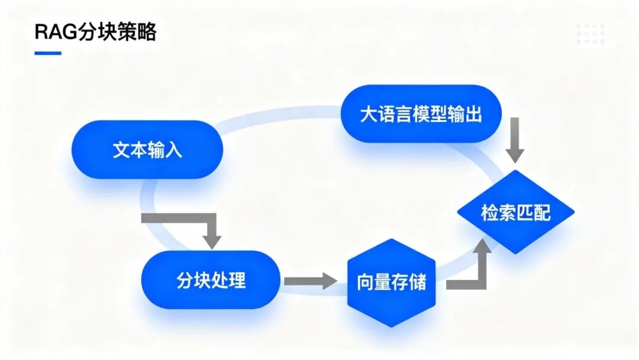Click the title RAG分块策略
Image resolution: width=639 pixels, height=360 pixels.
pyautogui.click(x=95, y=32)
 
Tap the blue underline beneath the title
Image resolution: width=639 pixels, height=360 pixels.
pyautogui.click(x=48, y=53)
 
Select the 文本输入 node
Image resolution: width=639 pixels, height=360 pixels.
pyautogui.click(x=147, y=150)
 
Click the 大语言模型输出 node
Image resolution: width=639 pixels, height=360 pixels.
pyautogui.click(x=421, y=114)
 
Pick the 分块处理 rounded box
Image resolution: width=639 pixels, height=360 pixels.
pyautogui.click(x=211, y=279)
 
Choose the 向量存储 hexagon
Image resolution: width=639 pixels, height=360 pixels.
pyautogui.click(x=391, y=282)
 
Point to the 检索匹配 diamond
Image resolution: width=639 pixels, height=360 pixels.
pyautogui.click(x=515, y=212)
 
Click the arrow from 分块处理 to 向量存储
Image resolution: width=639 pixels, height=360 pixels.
pyautogui.click(x=311, y=281)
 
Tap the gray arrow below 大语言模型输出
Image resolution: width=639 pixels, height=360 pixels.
pyautogui.click(x=515, y=140)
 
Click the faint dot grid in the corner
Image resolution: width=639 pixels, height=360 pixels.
pyautogui.click(x=590, y=33)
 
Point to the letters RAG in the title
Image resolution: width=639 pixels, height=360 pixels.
pyautogui.click(x=56, y=32)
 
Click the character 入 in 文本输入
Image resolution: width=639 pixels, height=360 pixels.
pyautogui.click(x=173, y=150)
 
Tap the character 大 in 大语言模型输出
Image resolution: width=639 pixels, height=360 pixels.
pyautogui.click(x=369, y=114)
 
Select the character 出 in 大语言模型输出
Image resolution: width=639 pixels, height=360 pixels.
pyautogui.click(x=473, y=114)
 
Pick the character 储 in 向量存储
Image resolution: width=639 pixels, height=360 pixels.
pyautogui.click(x=418, y=282)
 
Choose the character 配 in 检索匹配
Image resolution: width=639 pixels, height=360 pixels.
pyautogui.click(x=541, y=213)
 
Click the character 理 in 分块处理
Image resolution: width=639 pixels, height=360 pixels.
pyautogui.click(x=237, y=280)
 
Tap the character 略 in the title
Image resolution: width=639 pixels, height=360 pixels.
pyautogui.click(x=147, y=32)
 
